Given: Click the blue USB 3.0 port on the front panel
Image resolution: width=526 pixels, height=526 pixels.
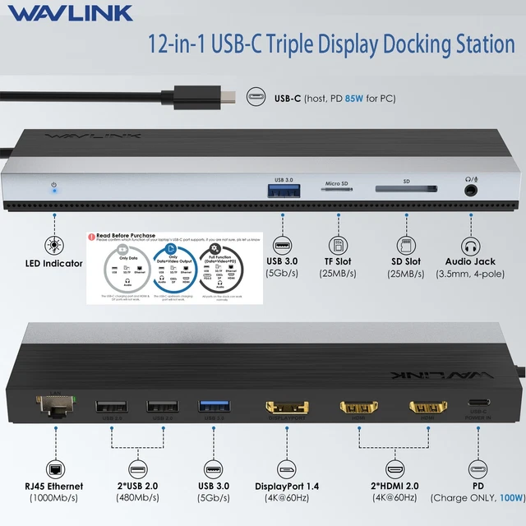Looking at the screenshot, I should (x=281, y=191).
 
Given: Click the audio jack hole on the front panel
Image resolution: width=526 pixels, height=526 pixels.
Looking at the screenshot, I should (x=472, y=189).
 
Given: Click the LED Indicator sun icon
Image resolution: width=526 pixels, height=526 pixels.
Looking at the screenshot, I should (x=55, y=244).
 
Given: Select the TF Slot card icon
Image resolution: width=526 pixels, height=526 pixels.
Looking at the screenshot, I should (x=335, y=246).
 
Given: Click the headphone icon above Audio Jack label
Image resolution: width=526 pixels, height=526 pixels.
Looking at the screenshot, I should (x=472, y=246).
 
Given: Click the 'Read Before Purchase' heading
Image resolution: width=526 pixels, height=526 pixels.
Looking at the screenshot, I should (x=127, y=235).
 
